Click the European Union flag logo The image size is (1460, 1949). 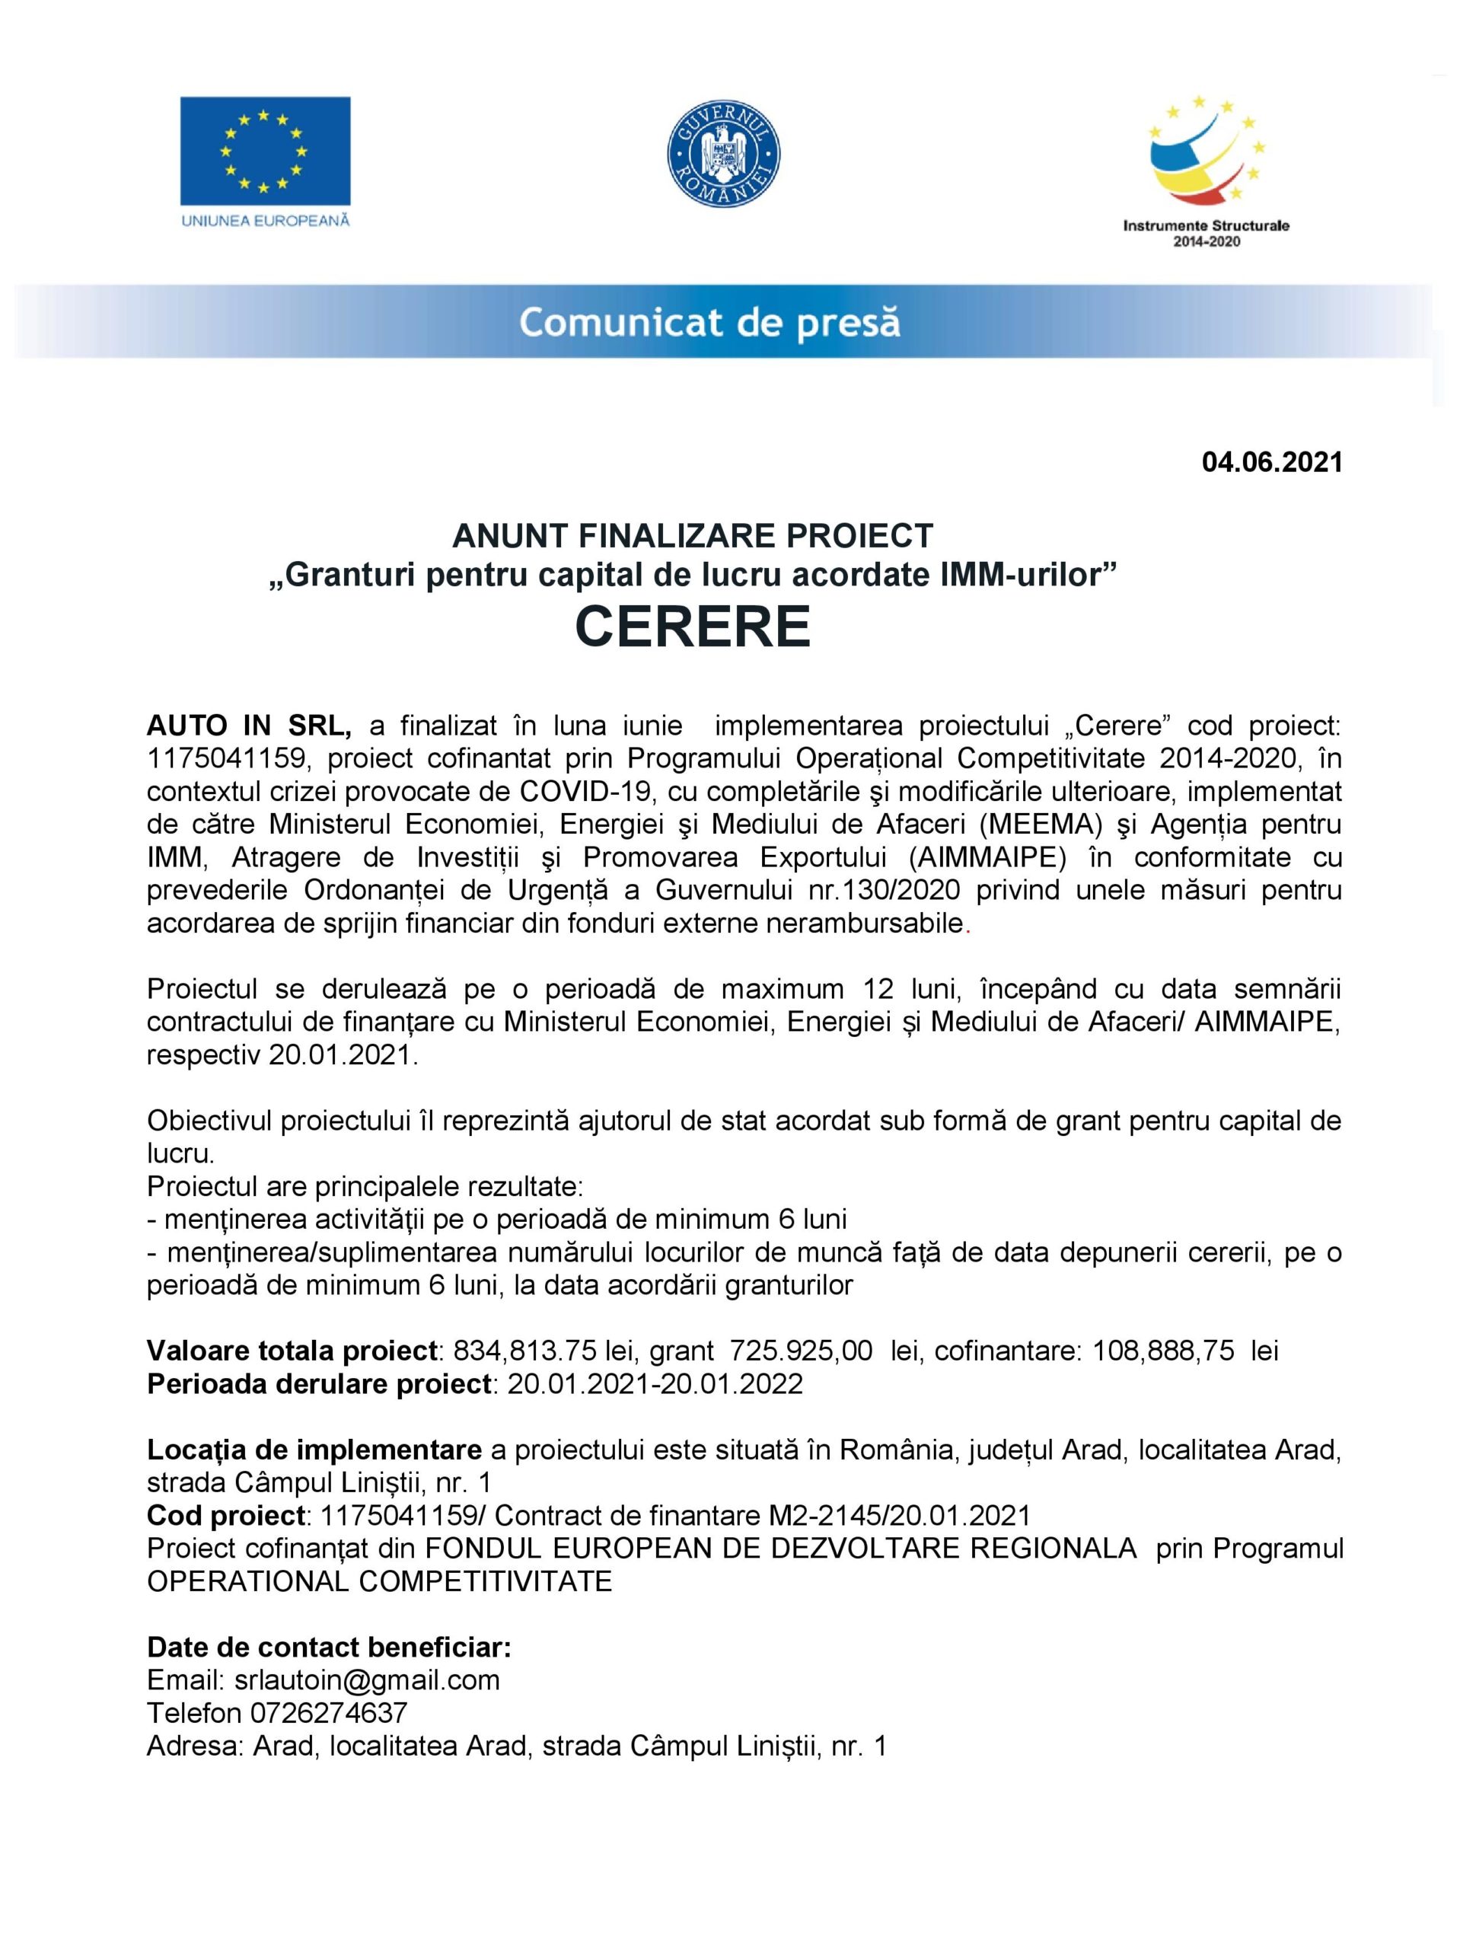point(264,150)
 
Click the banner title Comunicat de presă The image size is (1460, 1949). point(709,323)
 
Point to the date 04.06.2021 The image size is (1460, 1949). point(1271,461)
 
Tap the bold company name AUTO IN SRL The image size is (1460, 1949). point(250,726)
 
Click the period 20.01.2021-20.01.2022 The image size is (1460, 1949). point(655,1383)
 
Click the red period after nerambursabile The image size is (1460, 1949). point(967,925)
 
